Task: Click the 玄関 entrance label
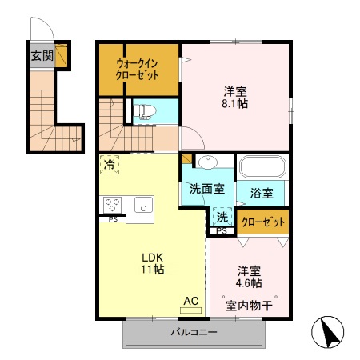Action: tap(42, 56)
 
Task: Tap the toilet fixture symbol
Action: tap(144, 111)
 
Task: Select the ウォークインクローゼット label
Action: tap(138, 70)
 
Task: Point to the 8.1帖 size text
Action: tap(235, 103)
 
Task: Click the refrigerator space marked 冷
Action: tap(110, 165)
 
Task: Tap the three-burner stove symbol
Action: tap(112, 205)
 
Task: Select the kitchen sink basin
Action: tap(144, 205)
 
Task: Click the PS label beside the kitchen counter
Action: tap(113, 219)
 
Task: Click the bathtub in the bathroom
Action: tap(262, 167)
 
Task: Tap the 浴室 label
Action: tap(262, 193)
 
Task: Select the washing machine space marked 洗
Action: tap(222, 217)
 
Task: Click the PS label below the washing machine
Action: tap(222, 231)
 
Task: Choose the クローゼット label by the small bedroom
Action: tap(263, 222)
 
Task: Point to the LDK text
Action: tap(152, 258)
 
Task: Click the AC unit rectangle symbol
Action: tap(190, 310)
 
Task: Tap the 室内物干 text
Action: tap(249, 306)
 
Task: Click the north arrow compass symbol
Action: tap(328, 332)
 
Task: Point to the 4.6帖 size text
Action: tap(249, 282)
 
